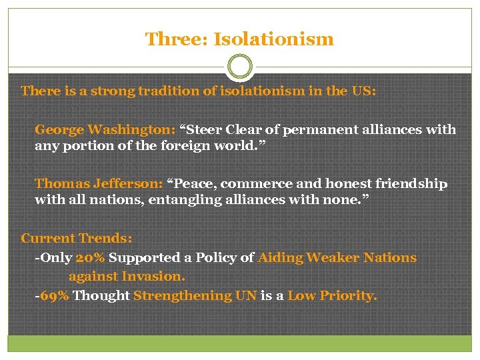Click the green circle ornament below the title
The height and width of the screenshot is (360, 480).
(x=239, y=67)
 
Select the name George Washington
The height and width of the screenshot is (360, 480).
(x=105, y=129)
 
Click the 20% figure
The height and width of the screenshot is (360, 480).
(x=91, y=257)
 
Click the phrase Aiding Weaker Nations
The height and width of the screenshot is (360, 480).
(x=337, y=257)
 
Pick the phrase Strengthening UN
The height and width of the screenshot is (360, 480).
(x=195, y=295)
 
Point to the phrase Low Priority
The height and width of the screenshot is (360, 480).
(x=332, y=295)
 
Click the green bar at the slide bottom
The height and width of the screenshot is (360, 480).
(x=240, y=343)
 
